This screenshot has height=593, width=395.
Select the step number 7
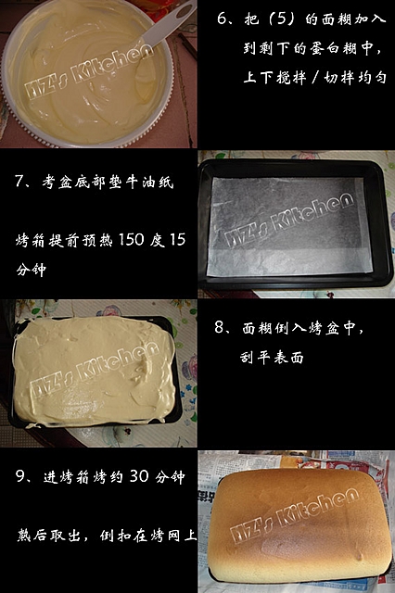pyautogui.click(x=19, y=182)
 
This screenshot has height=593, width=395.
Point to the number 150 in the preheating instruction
pyautogui.click(x=131, y=239)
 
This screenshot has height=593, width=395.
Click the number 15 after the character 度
pyautogui.click(x=178, y=239)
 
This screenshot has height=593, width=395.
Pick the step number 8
pyautogui.click(x=219, y=327)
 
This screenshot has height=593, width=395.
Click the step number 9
pyautogui.click(x=19, y=475)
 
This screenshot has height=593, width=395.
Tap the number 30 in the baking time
pyautogui.click(x=139, y=476)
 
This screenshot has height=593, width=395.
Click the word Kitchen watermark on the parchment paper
pyautogui.click(x=312, y=212)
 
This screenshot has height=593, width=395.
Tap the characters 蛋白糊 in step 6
pyautogui.click(x=332, y=48)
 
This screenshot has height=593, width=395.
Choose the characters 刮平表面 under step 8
pyautogui.click(x=272, y=357)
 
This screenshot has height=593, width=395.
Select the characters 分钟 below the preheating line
pyautogui.click(x=31, y=270)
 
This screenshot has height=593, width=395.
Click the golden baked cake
pyautogui.click(x=299, y=525)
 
